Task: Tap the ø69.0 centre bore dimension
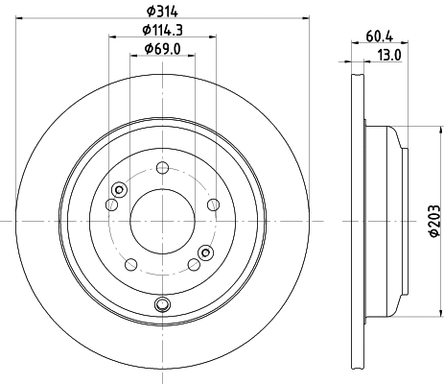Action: point(161,49)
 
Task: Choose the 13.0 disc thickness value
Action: point(390,56)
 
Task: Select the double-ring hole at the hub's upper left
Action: point(117,189)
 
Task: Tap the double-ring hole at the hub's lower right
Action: point(204,253)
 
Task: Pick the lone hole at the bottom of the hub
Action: point(161,306)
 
